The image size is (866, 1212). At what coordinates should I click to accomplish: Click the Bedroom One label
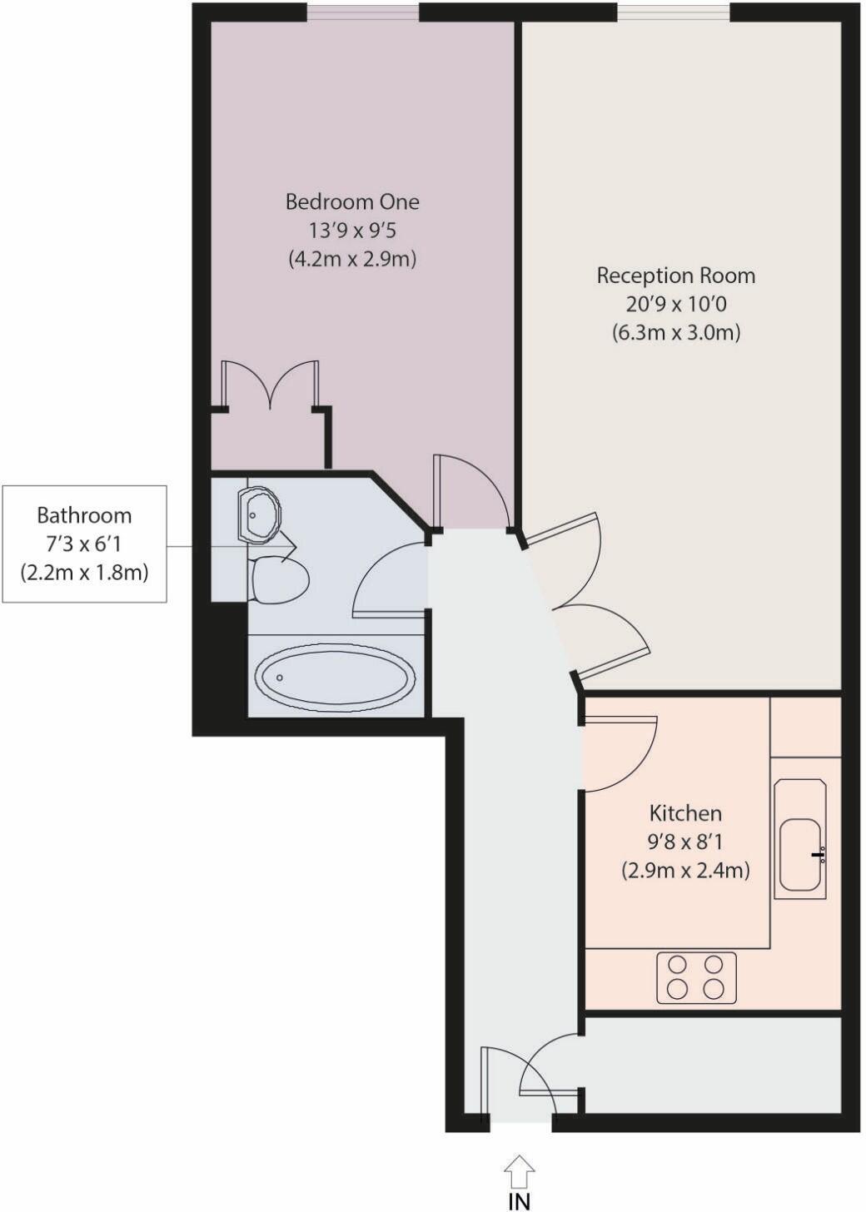click(352, 201)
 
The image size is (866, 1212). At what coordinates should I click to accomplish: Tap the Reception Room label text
click(675, 276)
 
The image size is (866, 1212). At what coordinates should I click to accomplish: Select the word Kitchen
click(685, 812)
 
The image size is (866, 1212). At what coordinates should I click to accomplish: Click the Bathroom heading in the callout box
click(84, 515)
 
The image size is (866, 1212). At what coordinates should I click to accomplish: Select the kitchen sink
click(799, 855)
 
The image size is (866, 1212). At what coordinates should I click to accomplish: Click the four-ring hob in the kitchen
click(696, 976)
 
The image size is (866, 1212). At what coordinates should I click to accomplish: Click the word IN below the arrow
click(519, 1201)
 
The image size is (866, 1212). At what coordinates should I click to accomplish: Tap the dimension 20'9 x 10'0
click(675, 304)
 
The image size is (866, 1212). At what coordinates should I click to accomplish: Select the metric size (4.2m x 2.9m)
click(352, 259)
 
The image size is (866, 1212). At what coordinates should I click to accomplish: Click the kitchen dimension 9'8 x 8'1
click(685, 842)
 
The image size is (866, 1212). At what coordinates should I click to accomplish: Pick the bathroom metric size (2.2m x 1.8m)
click(84, 573)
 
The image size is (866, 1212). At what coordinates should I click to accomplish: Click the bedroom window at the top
click(362, 12)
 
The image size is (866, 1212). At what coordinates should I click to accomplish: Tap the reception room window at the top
click(673, 12)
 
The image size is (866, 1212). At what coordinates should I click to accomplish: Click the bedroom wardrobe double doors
click(270, 385)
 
